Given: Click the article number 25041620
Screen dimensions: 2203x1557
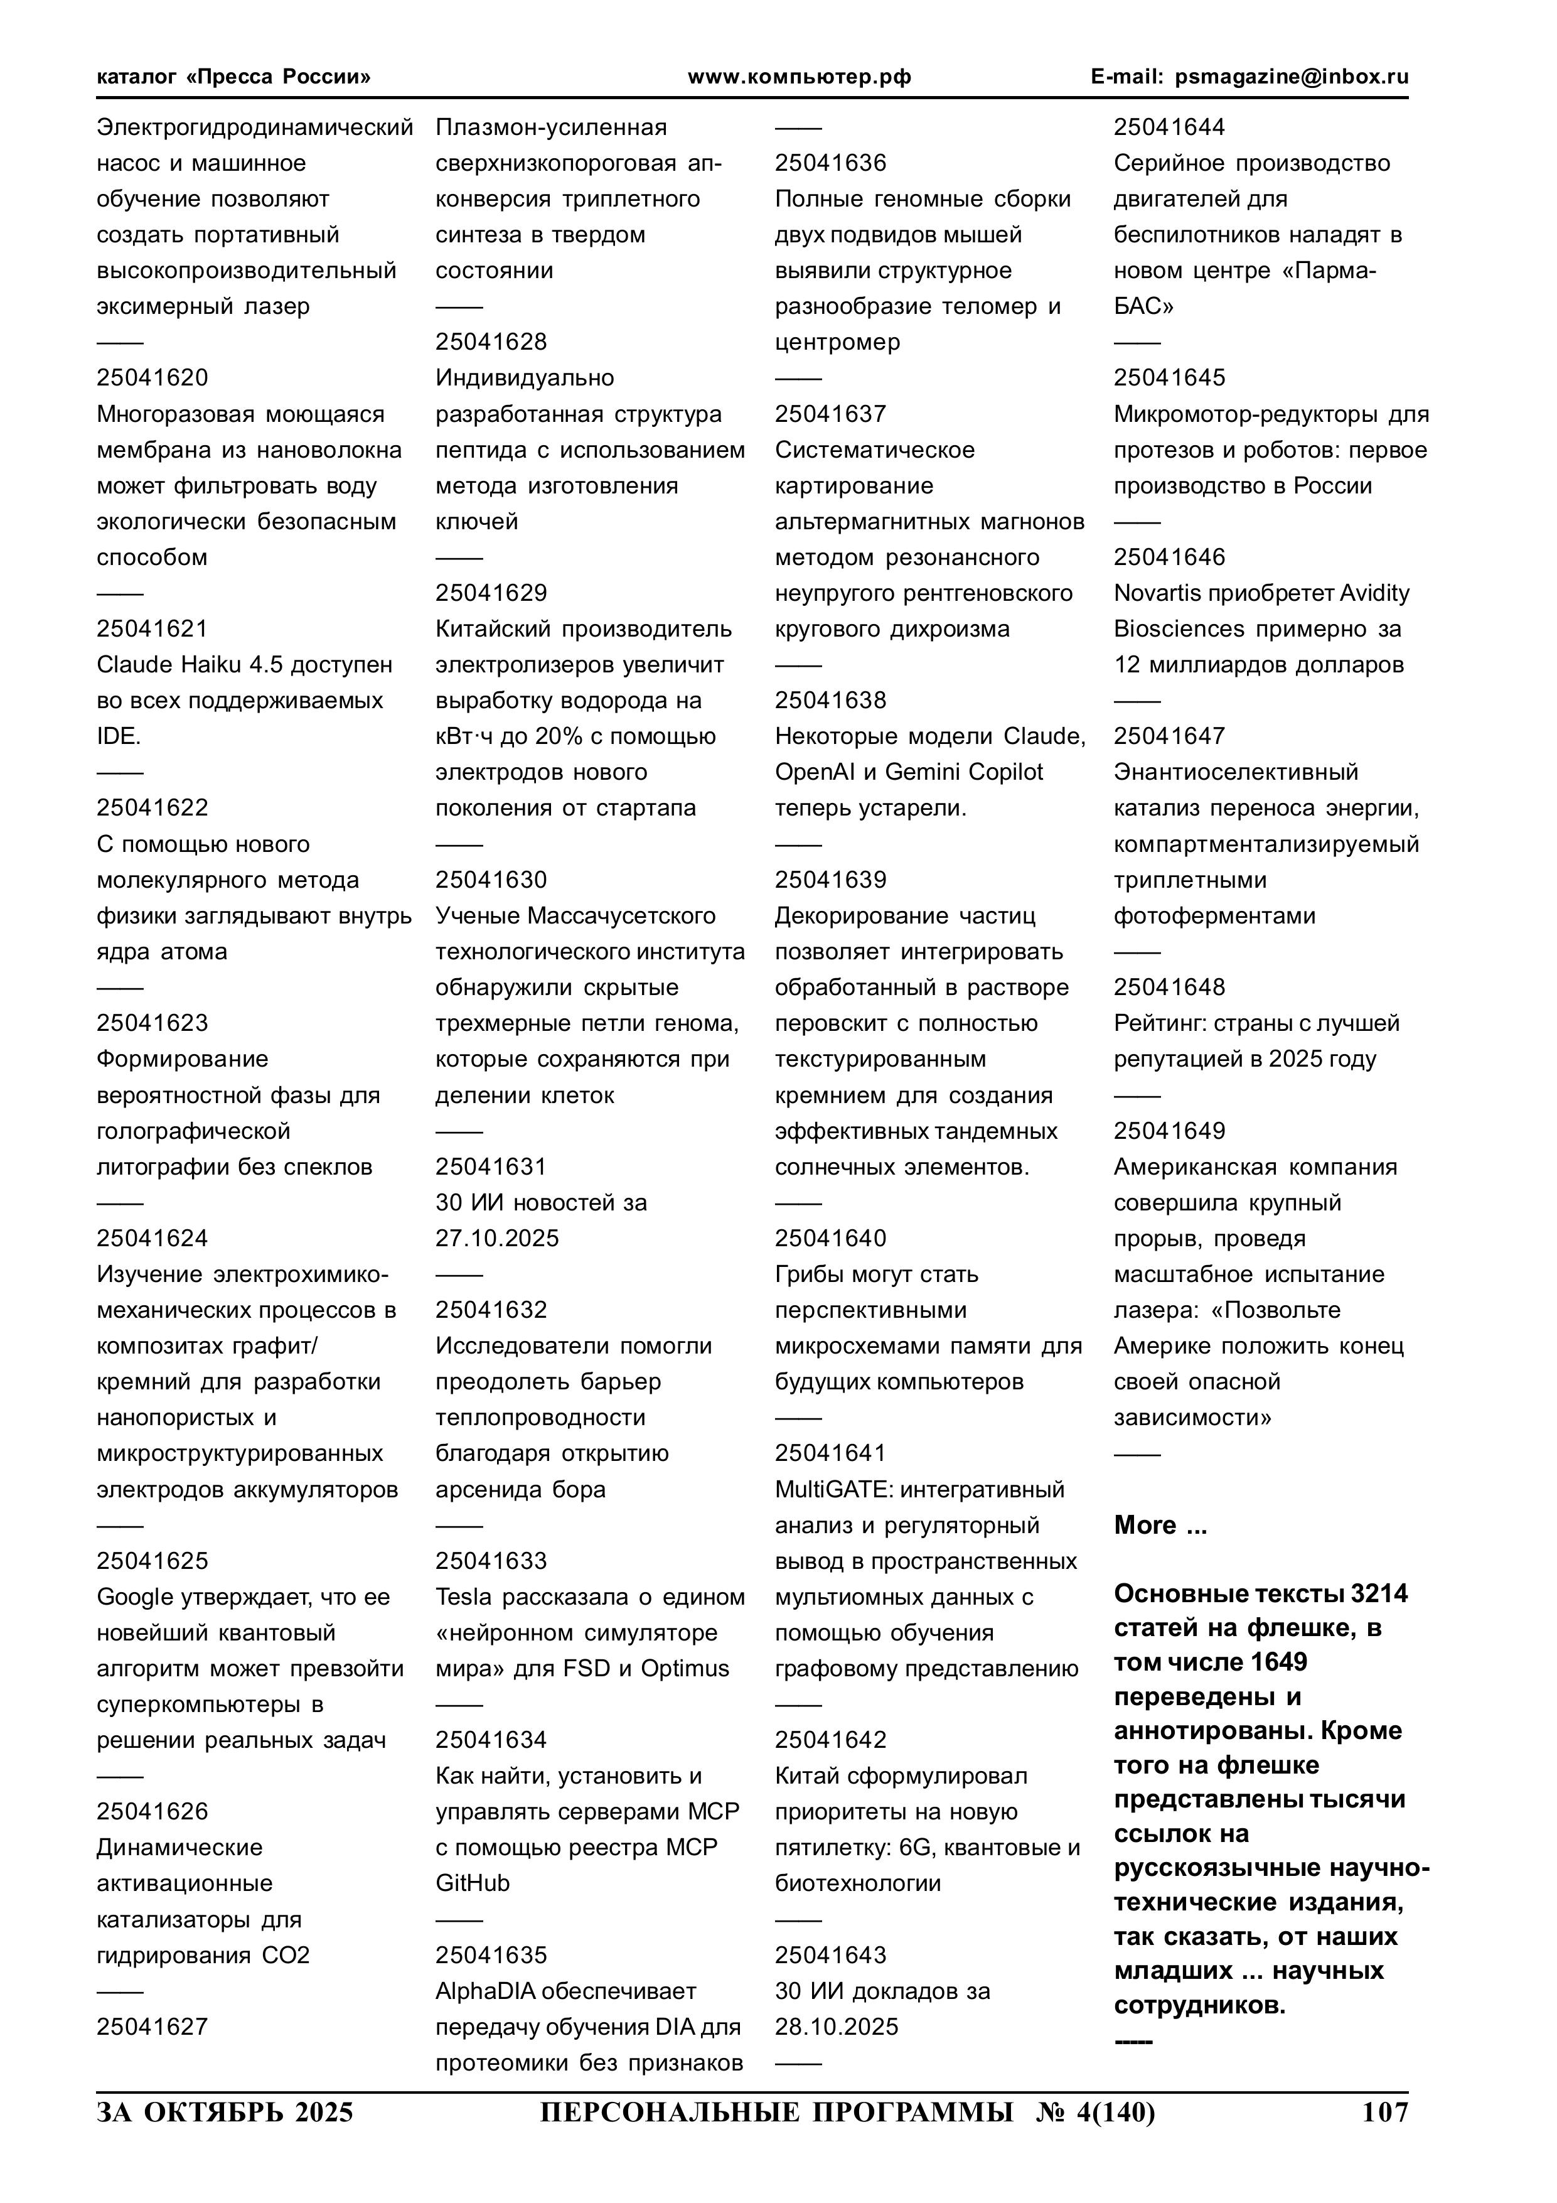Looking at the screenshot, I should point(152,378).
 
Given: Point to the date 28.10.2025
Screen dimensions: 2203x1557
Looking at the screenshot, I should point(837,2027).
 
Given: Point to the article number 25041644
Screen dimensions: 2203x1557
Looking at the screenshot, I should point(1169,127).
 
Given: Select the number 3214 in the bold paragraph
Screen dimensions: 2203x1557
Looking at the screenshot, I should point(1379,1594).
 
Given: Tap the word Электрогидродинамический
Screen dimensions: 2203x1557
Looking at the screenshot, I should point(254,127).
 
